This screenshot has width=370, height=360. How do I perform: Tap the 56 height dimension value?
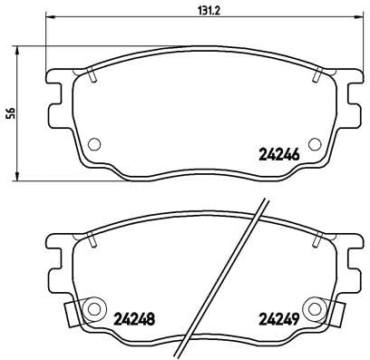(9, 112)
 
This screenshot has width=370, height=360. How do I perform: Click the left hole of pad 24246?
(94, 142)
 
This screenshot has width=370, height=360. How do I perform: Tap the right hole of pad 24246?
(314, 142)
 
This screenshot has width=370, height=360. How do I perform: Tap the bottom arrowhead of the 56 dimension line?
(18, 179)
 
